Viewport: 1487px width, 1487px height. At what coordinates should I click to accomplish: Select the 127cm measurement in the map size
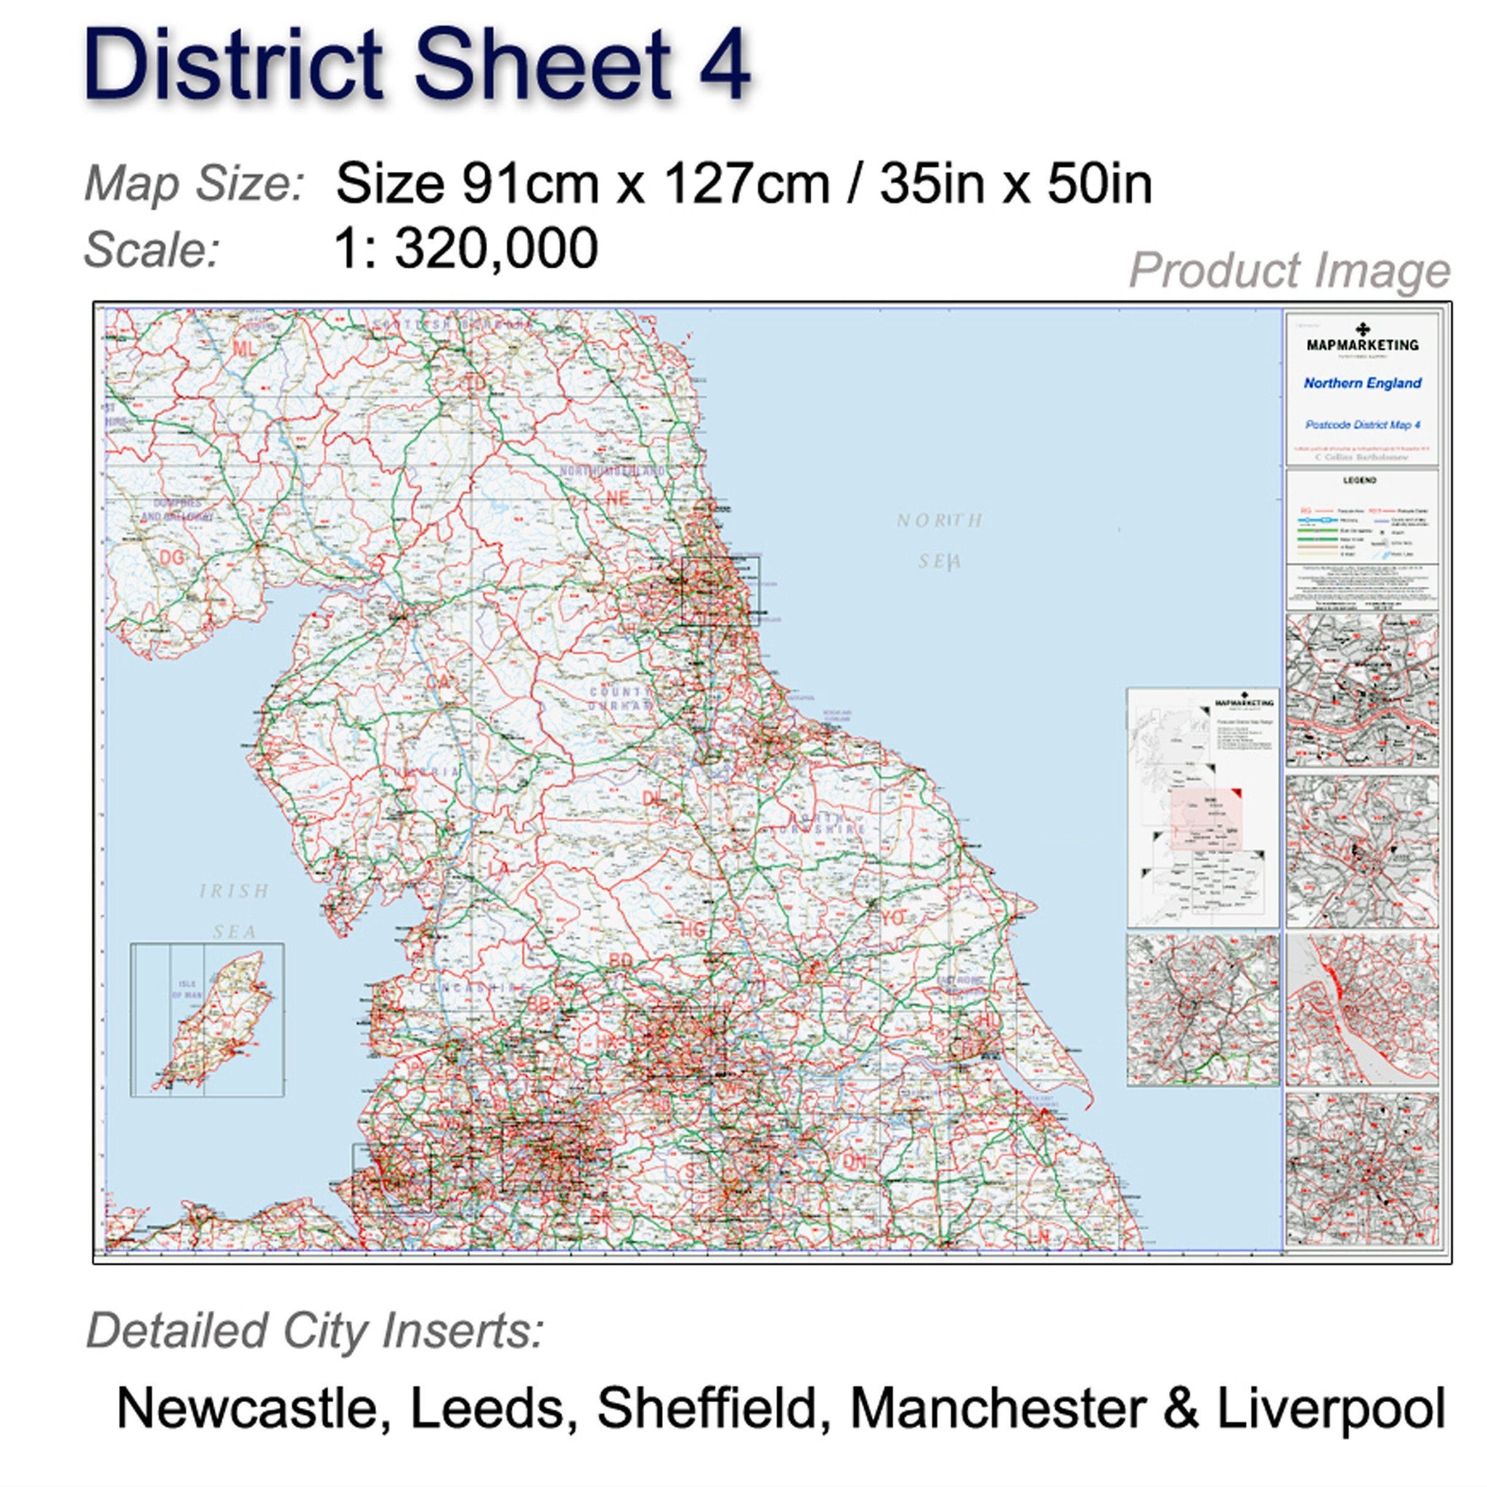pos(746,184)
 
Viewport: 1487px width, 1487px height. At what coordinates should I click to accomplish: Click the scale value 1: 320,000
pos(466,248)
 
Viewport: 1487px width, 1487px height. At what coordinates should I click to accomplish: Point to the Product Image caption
pos(1290,271)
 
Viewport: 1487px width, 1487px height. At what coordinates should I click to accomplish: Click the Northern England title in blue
pos(1361,383)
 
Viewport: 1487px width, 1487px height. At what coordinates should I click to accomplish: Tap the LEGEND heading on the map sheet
pos(1360,480)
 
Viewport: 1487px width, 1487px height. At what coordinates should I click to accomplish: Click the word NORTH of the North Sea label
pos(939,521)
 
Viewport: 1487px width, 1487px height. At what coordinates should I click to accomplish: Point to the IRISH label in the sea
pos(234,892)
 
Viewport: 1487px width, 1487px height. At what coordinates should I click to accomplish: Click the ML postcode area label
pos(243,349)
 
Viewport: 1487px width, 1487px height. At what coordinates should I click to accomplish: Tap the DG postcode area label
pos(171,556)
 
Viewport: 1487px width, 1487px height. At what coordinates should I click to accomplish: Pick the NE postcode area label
pos(617,498)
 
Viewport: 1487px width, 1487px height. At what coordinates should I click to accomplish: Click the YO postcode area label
pos(893,918)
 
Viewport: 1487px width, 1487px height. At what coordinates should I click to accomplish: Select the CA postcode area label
pos(438,682)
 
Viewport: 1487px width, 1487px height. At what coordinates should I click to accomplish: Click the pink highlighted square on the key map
pos(1206,818)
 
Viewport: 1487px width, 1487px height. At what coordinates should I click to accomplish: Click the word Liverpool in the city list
pos(1331,1408)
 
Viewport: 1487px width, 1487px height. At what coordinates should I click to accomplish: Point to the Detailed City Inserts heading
pos(315,1331)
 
